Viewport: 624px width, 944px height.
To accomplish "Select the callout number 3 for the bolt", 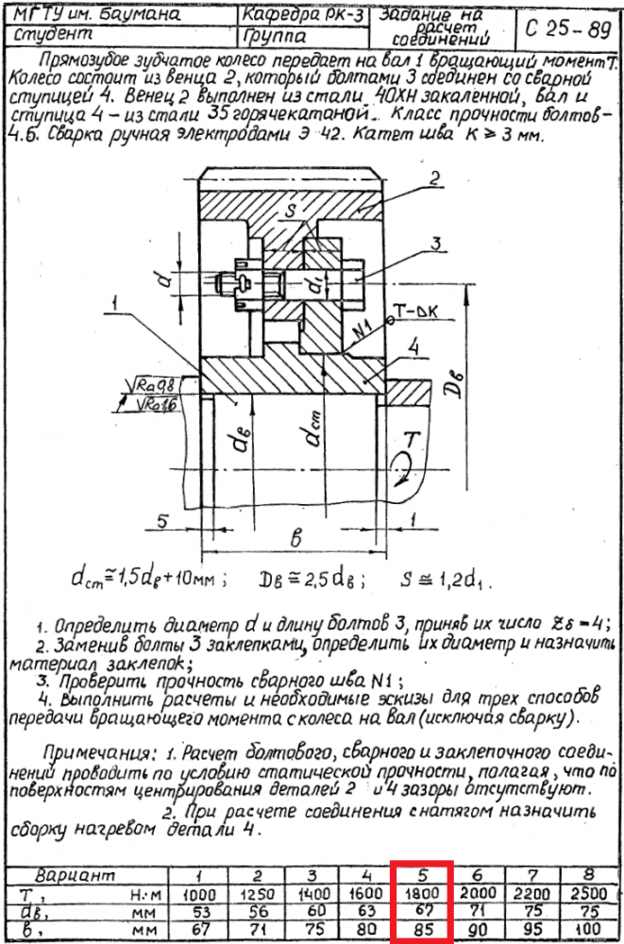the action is (x=437, y=244).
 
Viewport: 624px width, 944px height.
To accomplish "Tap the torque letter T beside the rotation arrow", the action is (x=411, y=439).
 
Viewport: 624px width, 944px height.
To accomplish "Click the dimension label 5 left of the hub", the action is (x=163, y=520).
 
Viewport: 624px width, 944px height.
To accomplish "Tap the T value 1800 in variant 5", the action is (x=422, y=893).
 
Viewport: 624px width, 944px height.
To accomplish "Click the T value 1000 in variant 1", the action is (x=197, y=893).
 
